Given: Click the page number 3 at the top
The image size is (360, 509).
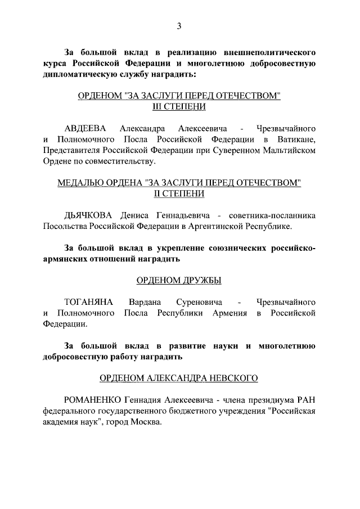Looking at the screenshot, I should [x=179, y=25].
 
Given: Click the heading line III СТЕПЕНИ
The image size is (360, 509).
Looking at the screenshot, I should [x=179, y=106].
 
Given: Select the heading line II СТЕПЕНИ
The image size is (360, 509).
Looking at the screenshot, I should [x=179, y=194].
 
